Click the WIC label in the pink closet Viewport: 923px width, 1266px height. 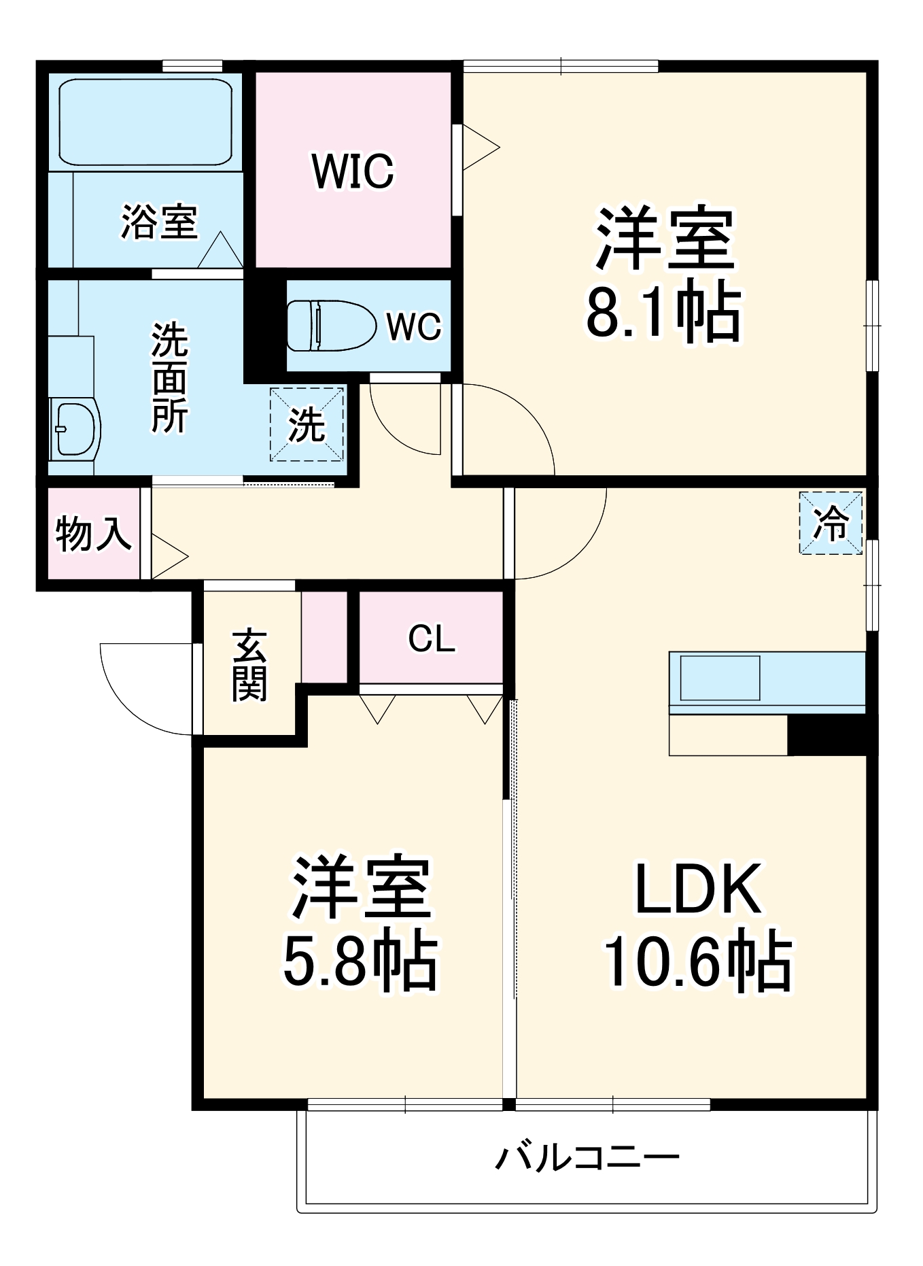[353, 171]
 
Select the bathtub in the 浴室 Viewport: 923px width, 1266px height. [145, 122]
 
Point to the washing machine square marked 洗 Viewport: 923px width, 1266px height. [307, 425]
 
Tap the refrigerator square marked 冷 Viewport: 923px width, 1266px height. [831, 523]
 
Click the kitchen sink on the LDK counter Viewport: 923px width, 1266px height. [720, 678]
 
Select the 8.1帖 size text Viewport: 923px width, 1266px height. [664, 313]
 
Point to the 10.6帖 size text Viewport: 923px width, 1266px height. [698, 961]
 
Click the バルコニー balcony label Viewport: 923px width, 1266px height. [587, 1157]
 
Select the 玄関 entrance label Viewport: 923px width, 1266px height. [249, 666]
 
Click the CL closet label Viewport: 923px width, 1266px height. [432, 638]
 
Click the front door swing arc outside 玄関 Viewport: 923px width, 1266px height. [136, 700]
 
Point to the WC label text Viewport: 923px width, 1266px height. [414, 326]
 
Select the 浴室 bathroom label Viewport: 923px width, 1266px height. [160, 222]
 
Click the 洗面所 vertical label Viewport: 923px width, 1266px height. [169, 378]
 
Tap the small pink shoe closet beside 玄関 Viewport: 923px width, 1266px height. [324, 636]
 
